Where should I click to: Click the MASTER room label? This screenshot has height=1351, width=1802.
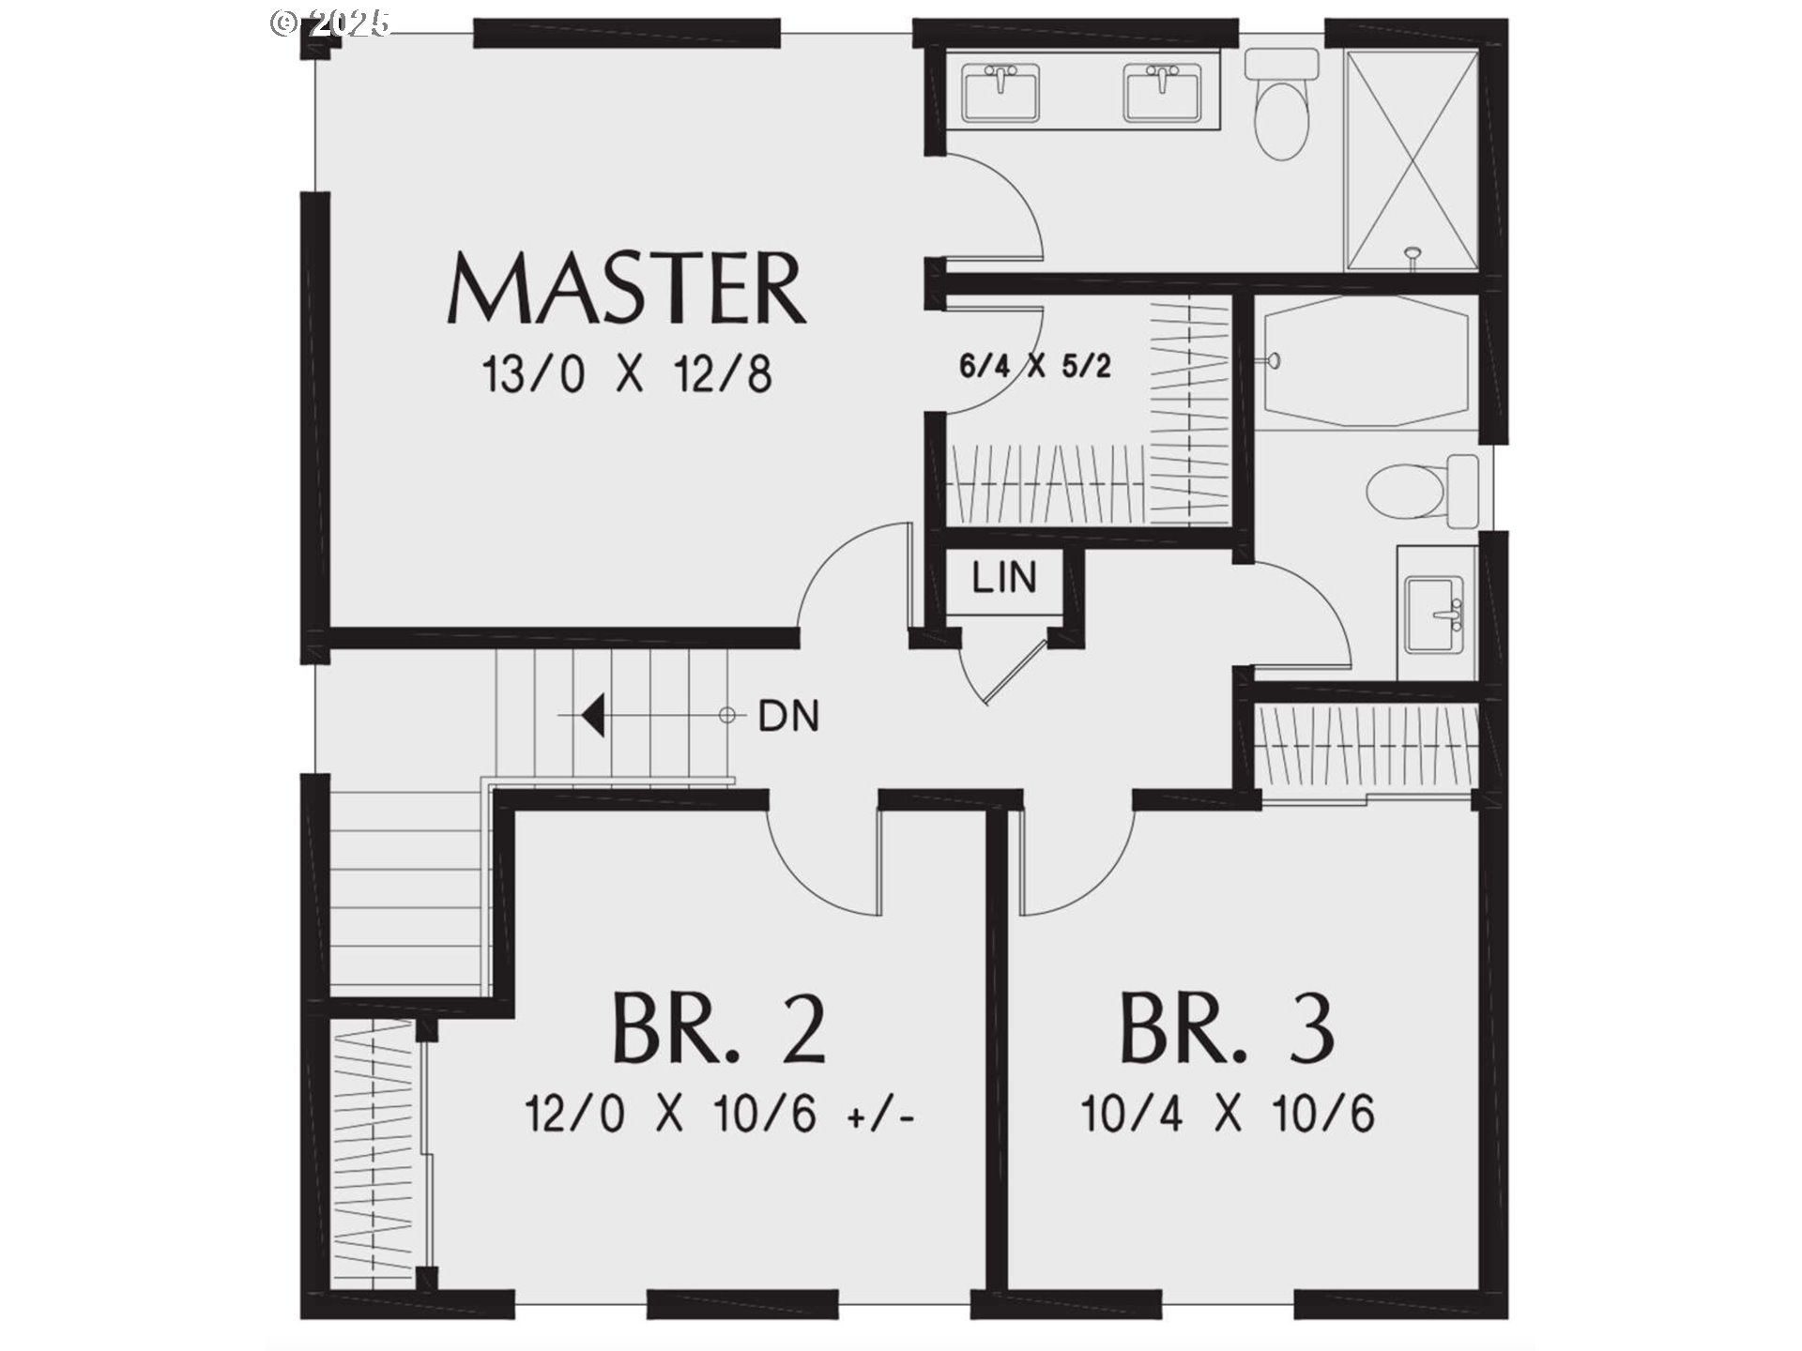click(x=627, y=288)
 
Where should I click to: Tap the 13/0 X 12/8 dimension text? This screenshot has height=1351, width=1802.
click(x=627, y=374)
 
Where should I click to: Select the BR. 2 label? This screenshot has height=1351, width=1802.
click(x=719, y=1029)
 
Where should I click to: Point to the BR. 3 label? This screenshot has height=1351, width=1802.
click(x=1227, y=1029)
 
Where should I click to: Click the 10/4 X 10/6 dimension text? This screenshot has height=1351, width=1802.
click(x=1228, y=1116)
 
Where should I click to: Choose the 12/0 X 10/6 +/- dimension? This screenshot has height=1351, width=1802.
click(x=719, y=1116)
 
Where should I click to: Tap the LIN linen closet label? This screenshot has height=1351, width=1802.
click(x=1004, y=578)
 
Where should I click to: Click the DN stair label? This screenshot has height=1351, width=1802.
click(x=788, y=717)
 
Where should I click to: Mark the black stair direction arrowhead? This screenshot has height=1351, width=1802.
click(x=592, y=716)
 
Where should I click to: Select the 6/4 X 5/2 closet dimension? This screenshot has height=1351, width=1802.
click(x=1035, y=365)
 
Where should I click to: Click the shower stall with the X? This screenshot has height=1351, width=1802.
click(x=1413, y=159)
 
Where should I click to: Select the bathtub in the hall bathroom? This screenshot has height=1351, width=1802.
click(x=1367, y=361)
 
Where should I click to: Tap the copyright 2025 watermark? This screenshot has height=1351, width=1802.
click(x=330, y=23)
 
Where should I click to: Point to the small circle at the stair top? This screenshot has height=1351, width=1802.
click(x=726, y=716)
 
